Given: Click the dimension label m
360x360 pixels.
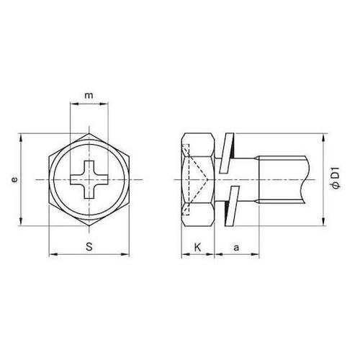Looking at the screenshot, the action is (89, 96).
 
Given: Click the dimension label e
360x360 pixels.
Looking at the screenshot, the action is (15, 179).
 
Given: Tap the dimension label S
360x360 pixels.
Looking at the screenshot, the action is (89, 247).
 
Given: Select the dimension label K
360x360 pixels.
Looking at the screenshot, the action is (197, 247).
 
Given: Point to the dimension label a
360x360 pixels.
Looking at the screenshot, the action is (236, 248).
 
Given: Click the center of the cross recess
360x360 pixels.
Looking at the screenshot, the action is (89, 179).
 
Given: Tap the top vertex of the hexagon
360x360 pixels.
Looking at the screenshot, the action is (89, 133).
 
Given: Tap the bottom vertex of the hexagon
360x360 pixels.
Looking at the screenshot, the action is (89, 225).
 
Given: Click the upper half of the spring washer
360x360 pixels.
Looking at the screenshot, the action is (227, 153).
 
